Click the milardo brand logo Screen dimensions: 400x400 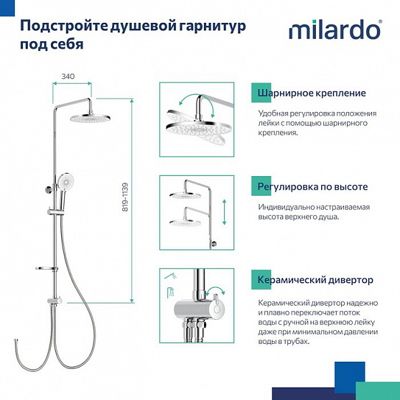334,31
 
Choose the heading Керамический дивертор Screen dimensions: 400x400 315,280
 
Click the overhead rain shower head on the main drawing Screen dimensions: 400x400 90,117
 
